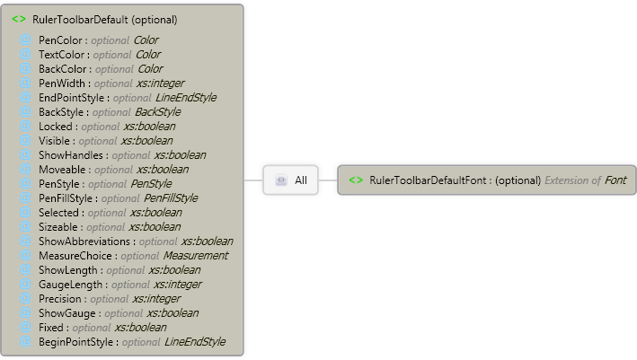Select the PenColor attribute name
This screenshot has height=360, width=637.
click(61, 40)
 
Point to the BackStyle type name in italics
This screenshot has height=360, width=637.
click(157, 112)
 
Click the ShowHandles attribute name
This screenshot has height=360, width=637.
click(72, 155)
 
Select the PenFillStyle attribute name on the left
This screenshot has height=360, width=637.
click(68, 198)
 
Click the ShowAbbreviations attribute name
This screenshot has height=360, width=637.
click(85, 241)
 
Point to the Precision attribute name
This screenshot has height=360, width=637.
click(61, 299)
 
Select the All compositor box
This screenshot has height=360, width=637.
click(293, 180)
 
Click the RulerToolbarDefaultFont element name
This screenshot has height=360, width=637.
click(428, 180)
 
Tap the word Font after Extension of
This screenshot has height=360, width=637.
click(615, 180)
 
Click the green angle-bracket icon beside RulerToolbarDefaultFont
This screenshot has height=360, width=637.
click(356, 180)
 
